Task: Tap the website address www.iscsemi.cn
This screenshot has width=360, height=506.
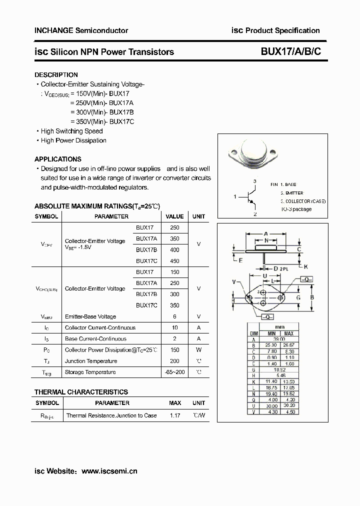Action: click(x=109, y=470)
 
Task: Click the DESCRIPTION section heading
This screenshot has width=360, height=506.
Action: click(x=56, y=75)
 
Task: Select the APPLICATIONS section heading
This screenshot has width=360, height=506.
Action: click(x=57, y=159)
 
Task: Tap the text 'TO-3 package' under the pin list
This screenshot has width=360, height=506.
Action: click(x=296, y=209)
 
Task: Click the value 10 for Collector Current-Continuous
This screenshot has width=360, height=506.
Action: click(x=174, y=327)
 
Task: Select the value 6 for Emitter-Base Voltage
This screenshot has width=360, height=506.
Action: click(x=174, y=316)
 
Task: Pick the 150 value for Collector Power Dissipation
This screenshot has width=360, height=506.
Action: click(x=174, y=350)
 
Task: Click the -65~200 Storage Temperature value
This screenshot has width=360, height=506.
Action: click(x=174, y=372)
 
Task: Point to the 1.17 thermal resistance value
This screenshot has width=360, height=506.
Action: click(x=175, y=415)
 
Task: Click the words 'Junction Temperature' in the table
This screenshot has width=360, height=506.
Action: click(x=91, y=361)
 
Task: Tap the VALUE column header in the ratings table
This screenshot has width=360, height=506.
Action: click(x=174, y=216)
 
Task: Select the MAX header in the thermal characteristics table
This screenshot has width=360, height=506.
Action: click(x=175, y=403)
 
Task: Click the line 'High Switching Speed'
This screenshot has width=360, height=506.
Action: click(x=71, y=131)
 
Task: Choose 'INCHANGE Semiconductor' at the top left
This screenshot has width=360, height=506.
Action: click(x=81, y=30)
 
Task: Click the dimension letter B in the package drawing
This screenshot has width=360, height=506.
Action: click(x=312, y=298)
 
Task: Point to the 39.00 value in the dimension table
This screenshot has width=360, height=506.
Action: click(x=280, y=339)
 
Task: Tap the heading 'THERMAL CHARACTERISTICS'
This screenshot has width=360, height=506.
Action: click(x=81, y=392)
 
